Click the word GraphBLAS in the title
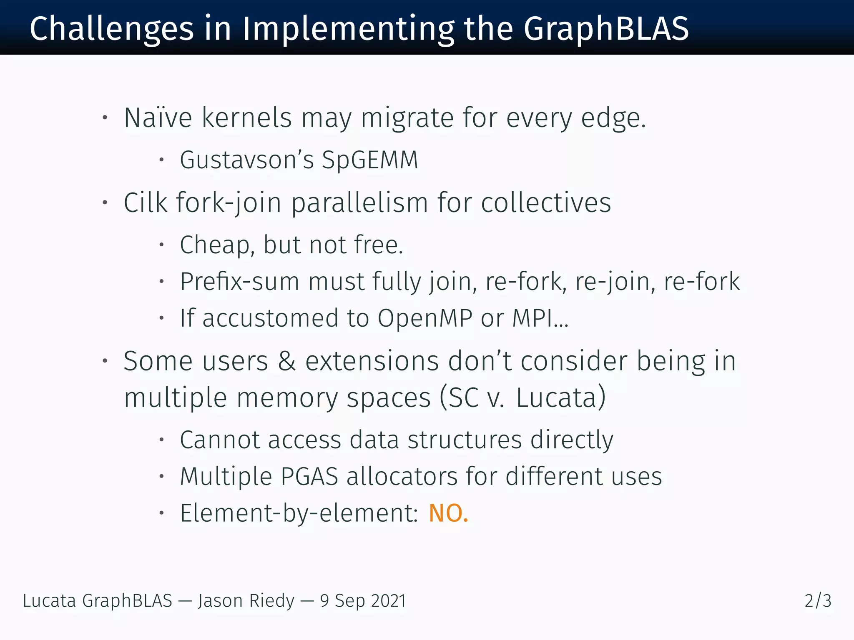(x=606, y=29)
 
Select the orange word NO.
(x=448, y=513)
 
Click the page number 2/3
(x=818, y=601)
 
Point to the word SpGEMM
(x=370, y=160)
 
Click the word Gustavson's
(x=246, y=160)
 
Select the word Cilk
(x=146, y=203)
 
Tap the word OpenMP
(x=424, y=318)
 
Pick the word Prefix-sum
(x=240, y=282)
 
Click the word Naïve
(x=158, y=118)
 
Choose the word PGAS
(x=309, y=476)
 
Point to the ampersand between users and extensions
(x=287, y=361)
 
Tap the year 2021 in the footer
(x=388, y=601)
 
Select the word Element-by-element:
(x=299, y=513)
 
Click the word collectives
(x=546, y=203)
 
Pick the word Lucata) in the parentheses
(x=560, y=398)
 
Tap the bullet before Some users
(x=105, y=361)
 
